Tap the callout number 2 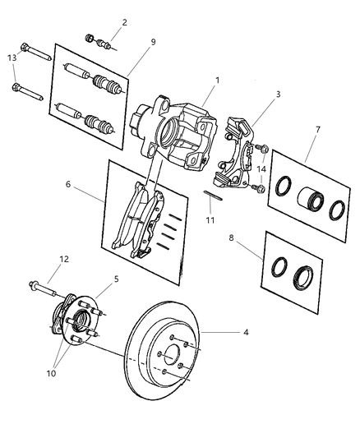tap(124, 22)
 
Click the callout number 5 tap(116, 279)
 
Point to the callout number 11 tap(210, 221)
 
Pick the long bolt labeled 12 tap(45, 288)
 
